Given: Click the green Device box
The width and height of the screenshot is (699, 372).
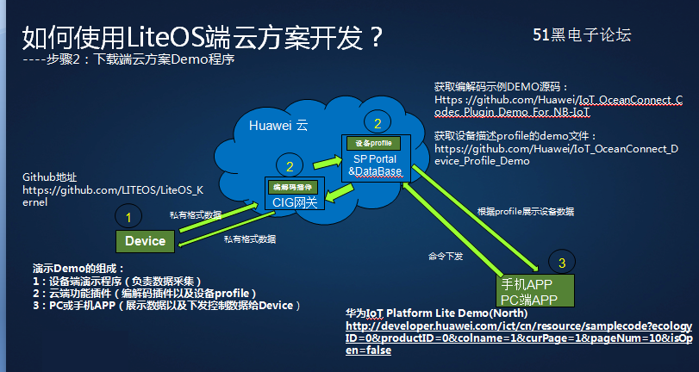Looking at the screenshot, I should (145, 241).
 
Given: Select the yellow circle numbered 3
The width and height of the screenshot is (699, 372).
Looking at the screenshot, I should (561, 262).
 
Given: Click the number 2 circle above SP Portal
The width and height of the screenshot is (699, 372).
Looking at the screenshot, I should (377, 123).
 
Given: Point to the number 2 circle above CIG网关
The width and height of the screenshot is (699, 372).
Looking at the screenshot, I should (290, 166).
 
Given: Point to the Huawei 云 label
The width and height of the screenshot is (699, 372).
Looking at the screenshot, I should (278, 126).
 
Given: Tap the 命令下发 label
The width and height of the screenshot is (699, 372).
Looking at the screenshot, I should (445, 256).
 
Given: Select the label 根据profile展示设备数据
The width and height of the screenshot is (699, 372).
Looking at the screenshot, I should (526, 211).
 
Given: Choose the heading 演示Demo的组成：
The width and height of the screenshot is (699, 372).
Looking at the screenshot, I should (78, 268).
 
